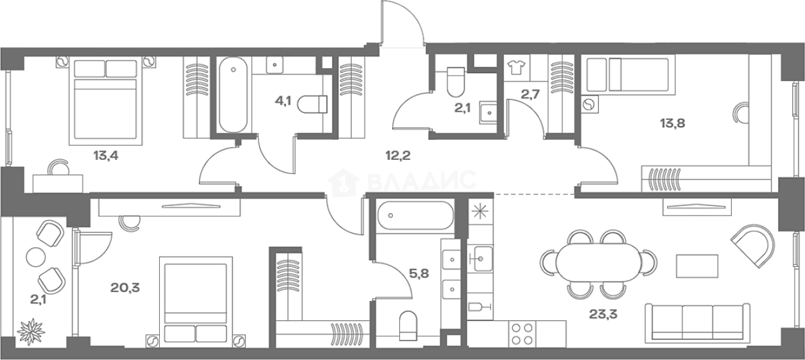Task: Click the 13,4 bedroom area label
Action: click(106, 156)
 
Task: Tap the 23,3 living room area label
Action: click(603, 314)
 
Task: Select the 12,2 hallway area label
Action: click(398, 155)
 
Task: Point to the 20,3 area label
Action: click(125, 287)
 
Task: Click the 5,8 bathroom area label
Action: click(419, 274)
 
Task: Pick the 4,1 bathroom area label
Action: click(283, 101)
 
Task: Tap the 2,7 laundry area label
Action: click(530, 94)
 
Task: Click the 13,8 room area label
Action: click(672, 124)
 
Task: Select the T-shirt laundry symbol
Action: click(516, 67)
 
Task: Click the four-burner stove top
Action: click(522, 334)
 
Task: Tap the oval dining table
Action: click(598, 262)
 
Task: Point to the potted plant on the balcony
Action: click(31, 331)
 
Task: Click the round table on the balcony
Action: click(35, 257)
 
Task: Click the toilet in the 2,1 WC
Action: click(455, 82)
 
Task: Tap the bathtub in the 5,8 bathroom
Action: click(415, 216)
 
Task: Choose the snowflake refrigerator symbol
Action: click(480, 211)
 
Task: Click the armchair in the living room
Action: click(753, 246)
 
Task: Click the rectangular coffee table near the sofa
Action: click(697, 266)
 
